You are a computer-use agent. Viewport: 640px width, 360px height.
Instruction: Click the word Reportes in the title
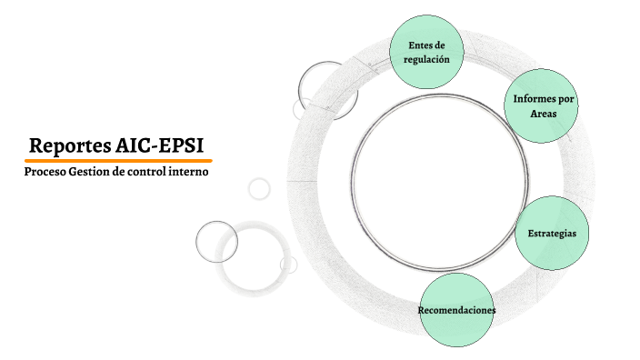(71, 145)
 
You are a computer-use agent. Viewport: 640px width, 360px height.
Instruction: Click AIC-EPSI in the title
(160, 145)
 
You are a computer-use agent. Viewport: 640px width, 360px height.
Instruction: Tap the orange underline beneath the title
(117, 160)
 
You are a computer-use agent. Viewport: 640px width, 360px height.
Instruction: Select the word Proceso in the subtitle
(45, 171)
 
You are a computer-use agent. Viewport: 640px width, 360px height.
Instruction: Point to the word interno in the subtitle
(190, 171)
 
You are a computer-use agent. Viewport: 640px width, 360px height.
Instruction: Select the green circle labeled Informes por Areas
(542, 105)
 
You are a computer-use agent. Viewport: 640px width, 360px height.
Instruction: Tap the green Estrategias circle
(552, 232)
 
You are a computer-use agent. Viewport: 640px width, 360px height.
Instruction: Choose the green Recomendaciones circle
(456, 309)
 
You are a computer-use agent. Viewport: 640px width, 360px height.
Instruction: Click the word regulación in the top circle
(426, 58)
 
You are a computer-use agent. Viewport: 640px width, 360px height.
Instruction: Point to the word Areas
(544, 115)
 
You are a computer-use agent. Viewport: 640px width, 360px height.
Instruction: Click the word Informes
(530, 98)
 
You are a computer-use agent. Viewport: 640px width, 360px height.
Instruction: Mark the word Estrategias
(552, 234)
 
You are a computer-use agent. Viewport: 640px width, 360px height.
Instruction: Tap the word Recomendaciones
(456, 310)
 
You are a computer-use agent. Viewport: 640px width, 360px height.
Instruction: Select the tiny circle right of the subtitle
(259, 188)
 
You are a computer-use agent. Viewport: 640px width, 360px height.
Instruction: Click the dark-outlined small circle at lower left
(216, 242)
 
